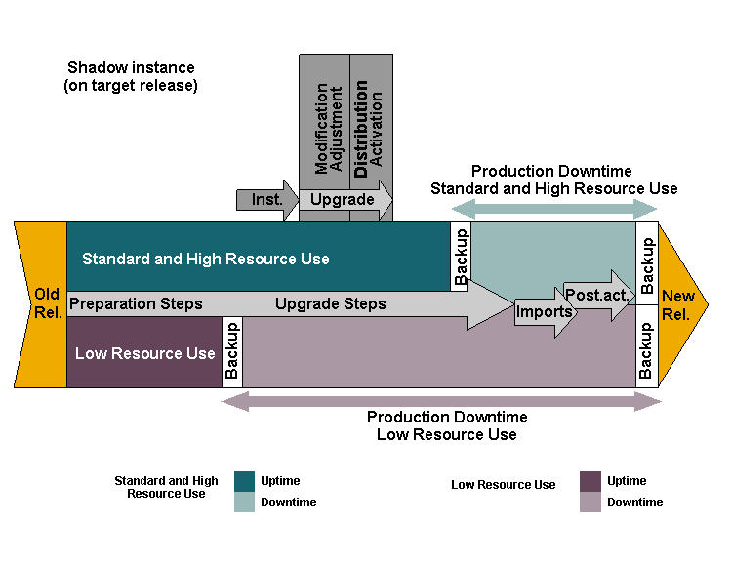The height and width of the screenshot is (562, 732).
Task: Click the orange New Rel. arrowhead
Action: coord(679,304)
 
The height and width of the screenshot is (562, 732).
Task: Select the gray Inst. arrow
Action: coord(266,200)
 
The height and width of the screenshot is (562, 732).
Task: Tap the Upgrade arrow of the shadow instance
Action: coord(344,200)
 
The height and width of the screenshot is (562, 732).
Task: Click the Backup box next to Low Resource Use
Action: coord(232,351)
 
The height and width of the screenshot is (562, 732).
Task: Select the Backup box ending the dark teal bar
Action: coord(461,256)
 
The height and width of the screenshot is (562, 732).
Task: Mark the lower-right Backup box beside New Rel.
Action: coord(646,349)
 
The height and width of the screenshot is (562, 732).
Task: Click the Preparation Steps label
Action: coord(136,303)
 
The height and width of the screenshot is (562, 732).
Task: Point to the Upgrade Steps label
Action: coord(330,303)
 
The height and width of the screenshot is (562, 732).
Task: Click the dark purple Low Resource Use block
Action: coord(144,353)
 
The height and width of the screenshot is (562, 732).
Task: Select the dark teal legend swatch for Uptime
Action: coord(244,481)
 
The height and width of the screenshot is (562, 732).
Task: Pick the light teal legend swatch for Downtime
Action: coord(244,502)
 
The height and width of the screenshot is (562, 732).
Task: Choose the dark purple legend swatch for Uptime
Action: coord(590,481)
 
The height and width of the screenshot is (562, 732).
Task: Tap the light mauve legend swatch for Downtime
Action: coord(590,502)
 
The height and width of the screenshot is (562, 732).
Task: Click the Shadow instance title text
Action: coord(131,76)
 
